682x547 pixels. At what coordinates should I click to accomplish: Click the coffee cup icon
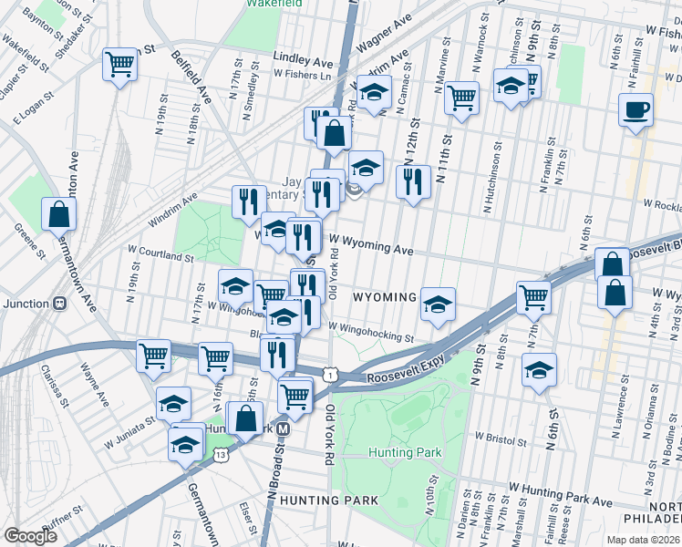tap(635, 110)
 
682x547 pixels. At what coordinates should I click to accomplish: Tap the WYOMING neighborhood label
tap(385, 298)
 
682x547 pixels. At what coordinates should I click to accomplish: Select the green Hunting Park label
tap(405, 452)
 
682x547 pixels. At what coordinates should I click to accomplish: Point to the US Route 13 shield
tap(220, 455)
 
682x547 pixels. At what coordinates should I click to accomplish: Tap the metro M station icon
tap(284, 428)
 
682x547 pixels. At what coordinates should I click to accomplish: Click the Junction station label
tap(26, 304)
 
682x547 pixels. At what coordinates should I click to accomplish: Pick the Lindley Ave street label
tap(304, 59)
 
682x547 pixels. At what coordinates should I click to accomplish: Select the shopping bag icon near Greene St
tap(59, 214)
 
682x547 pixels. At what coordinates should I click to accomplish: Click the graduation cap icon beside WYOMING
tap(438, 304)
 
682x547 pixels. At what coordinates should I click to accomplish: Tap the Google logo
tap(30, 536)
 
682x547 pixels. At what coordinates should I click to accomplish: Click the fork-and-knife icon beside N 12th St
tap(413, 182)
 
